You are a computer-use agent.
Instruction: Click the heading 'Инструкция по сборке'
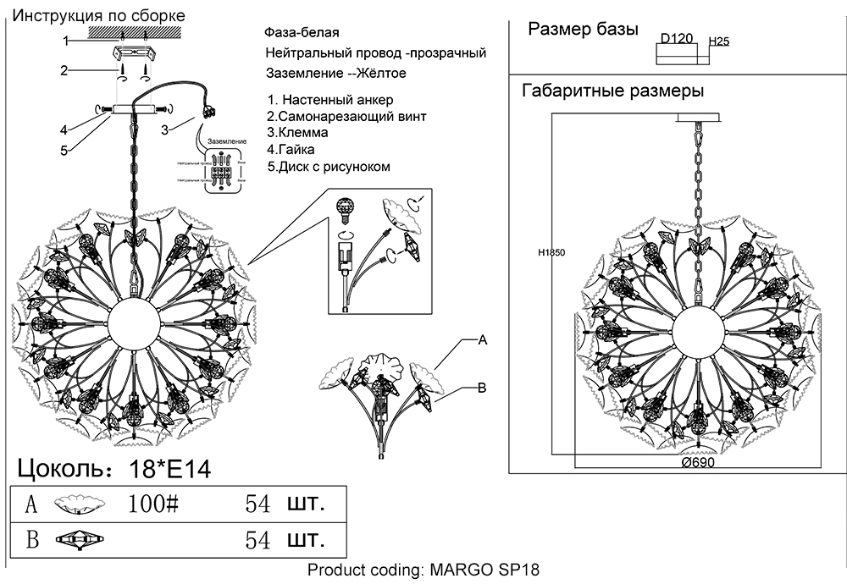(100, 16)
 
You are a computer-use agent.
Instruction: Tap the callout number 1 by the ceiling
(64, 41)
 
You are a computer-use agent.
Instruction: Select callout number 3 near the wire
(164, 129)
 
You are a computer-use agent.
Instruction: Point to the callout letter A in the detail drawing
(482, 340)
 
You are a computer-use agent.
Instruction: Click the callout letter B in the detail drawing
(481, 388)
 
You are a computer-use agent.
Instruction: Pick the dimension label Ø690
(697, 464)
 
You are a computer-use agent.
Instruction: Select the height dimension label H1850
(551, 252)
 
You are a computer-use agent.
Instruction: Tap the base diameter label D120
(677, 39)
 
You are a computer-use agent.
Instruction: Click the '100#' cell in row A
(153, 504)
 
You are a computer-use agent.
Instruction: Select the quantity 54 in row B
(257, 539)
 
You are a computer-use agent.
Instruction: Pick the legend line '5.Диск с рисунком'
(329, 167)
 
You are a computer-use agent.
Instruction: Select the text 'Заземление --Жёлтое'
(335, 73)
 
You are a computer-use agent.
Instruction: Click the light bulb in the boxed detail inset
(344, 207)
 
